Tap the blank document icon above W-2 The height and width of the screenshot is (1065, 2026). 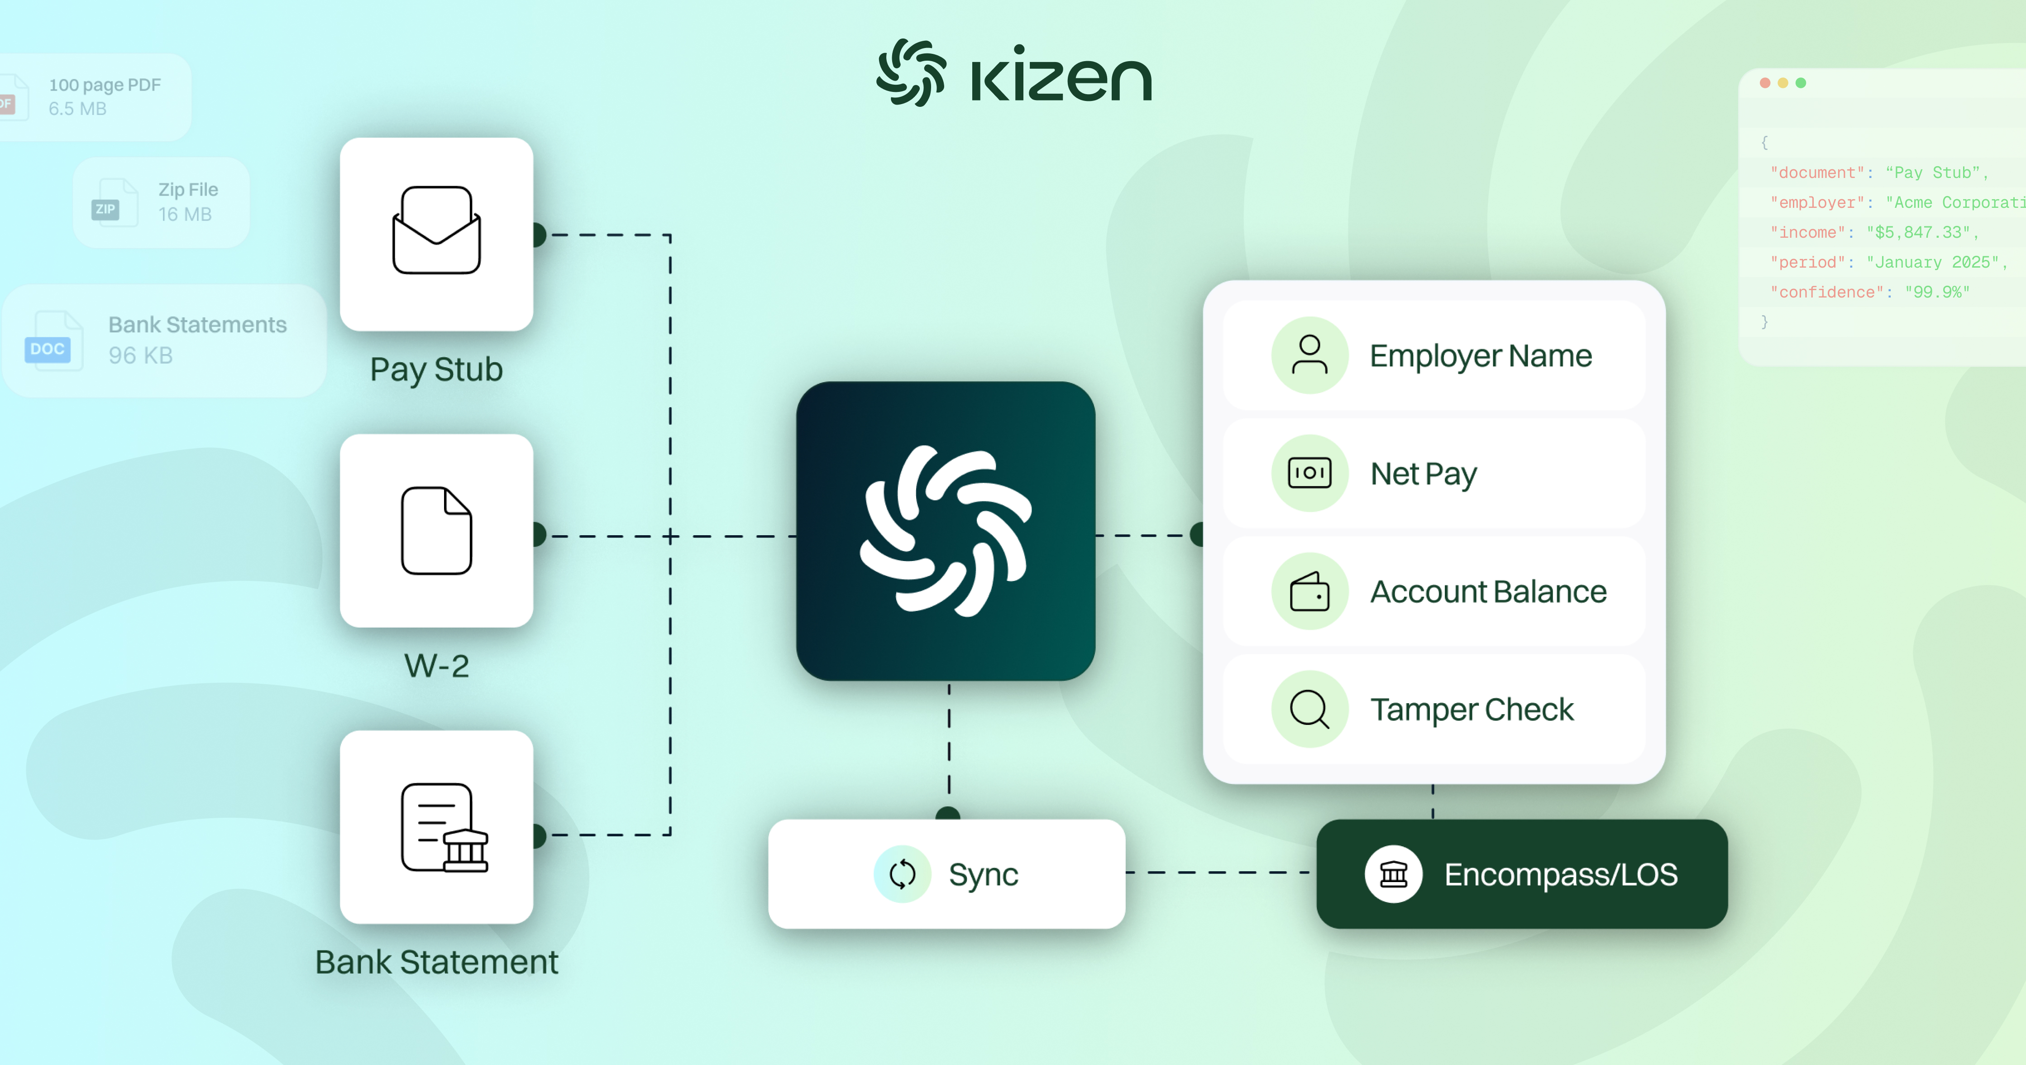pos(436,531)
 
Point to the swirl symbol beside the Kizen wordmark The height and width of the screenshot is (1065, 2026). pos(911,72)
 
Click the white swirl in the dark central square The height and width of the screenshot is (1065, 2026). pos(946,531)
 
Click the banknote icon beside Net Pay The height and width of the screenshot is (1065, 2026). pos(1309,473)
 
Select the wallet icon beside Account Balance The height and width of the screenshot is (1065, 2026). pos(1309,591)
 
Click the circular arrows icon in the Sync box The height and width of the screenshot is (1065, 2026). pos(902,874)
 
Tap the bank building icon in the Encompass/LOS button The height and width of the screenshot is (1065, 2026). pos(1393,874)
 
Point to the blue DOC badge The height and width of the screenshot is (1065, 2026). pos(47,349)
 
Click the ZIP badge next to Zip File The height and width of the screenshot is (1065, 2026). pos(105,209)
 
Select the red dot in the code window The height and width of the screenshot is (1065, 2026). pos(1765,82)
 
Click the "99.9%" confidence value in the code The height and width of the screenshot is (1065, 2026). pos(1937,292)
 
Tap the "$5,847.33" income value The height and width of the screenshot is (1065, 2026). pos(1919,232)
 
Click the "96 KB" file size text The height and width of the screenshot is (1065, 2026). pos(140,355)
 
